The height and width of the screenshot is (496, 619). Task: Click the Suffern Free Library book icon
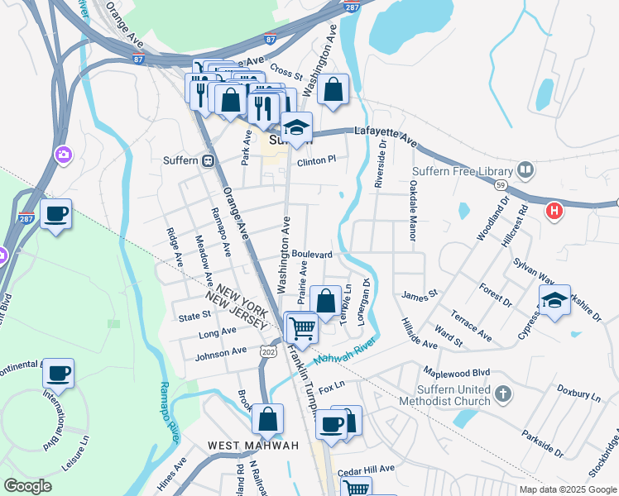click(x=525, y=171)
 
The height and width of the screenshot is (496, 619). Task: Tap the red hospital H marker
click(x=554, y=211)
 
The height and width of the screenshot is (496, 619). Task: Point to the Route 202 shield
click(x=267, y=351)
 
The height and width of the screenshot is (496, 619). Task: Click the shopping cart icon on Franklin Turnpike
click(x=301, y=327)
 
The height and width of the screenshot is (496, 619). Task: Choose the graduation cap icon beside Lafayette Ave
click(x=295, y=127)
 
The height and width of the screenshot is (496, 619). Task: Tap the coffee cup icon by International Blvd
click(x=57, y=373)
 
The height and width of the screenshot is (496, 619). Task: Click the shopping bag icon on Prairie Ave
click(x=325, y=300)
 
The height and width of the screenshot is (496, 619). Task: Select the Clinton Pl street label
click(x=317, y=160)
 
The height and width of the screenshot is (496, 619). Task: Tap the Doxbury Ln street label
click(x=578, y=392)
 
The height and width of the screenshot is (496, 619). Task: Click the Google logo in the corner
click(x=27, y=486)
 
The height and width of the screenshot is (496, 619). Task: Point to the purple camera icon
click(x=62, y=155)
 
